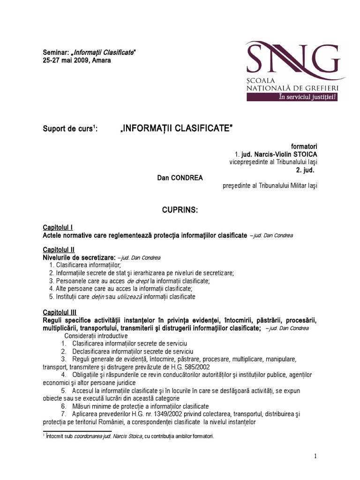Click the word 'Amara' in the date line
102,60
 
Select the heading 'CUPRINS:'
180,211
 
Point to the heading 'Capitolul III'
60,313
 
